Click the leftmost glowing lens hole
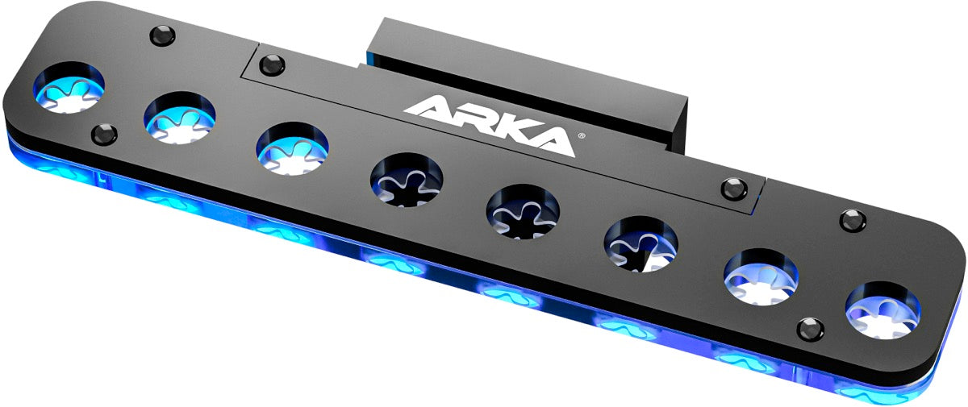point(69,89)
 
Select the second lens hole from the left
point(179,118)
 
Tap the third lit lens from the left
point(292,148)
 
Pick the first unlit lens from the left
point(407,180)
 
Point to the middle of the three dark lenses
point(523,211)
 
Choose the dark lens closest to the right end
point(640,244)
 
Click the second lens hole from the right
point(761,277)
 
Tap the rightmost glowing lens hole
point(883,310)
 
